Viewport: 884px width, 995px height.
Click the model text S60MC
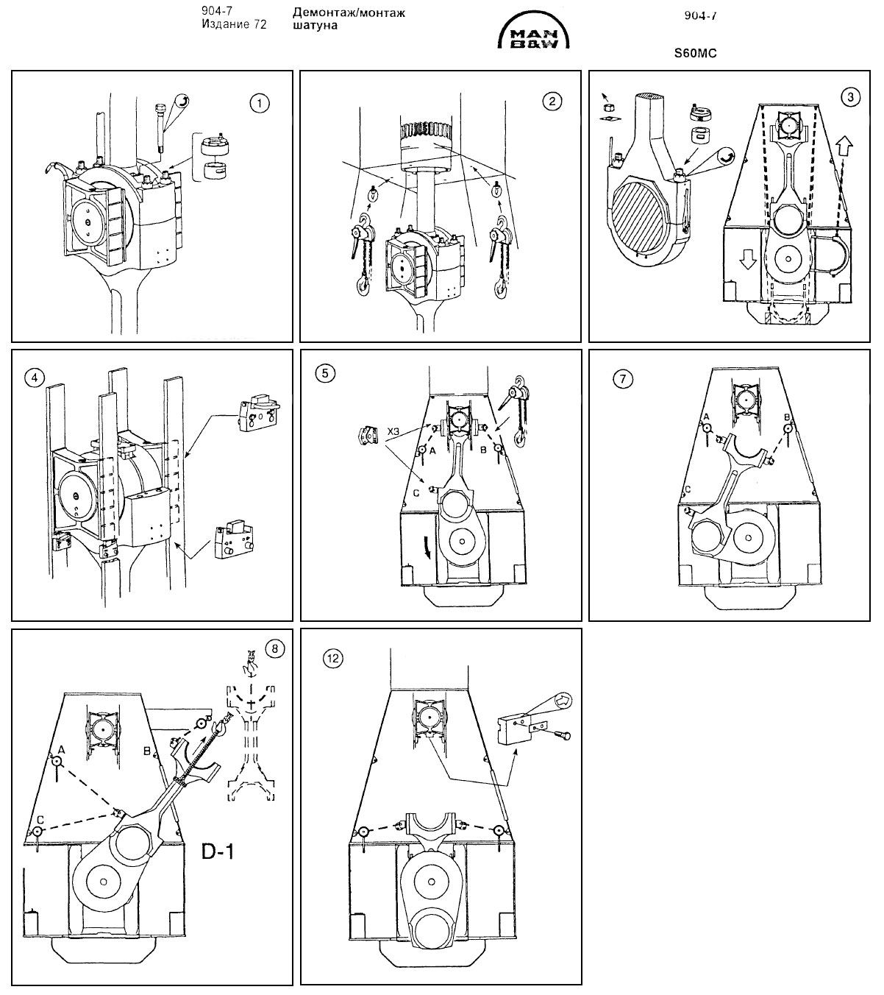coord(694,53)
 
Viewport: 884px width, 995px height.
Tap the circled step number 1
coord(259,103)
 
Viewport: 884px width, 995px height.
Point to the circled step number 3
coord(851,96)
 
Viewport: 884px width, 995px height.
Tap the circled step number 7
coord(622,378)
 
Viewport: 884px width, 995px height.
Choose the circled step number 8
coord(274,648)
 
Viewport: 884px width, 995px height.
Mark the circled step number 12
coord(332,659)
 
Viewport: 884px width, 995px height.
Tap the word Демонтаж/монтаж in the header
coord(349,13)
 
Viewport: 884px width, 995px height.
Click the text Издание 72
coord(234,25)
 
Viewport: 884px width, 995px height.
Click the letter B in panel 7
coord(788,418)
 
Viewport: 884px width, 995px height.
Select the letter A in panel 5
coord(432,449)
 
